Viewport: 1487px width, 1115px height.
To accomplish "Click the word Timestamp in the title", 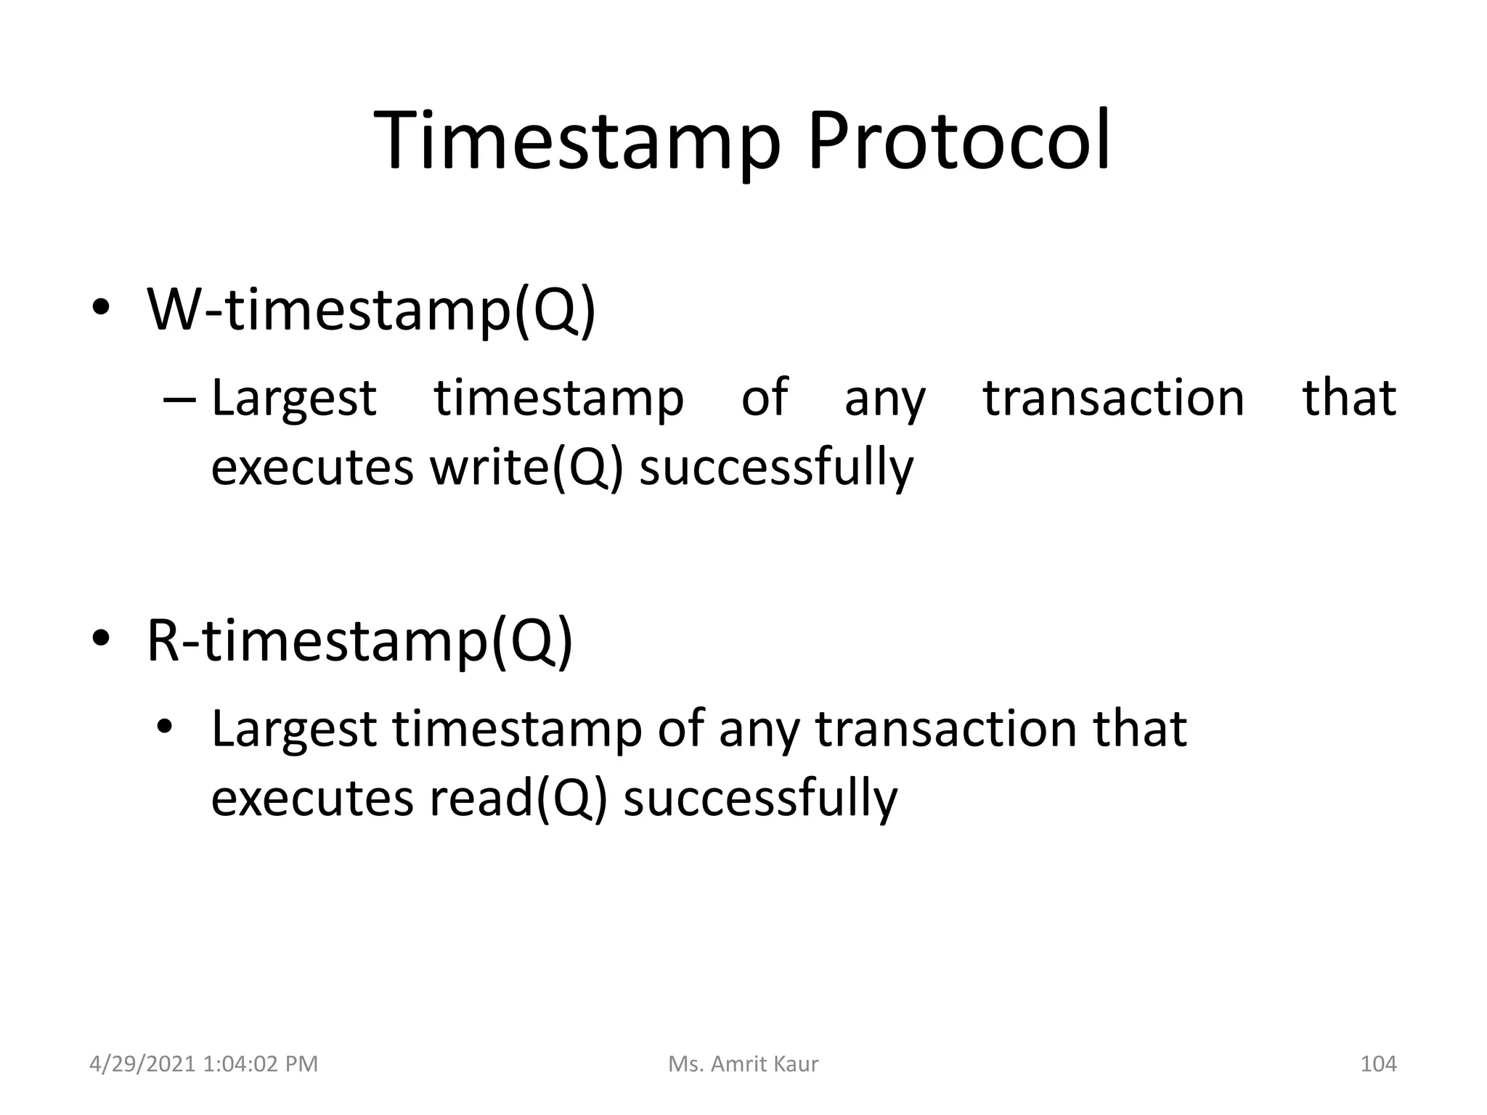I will click(x=577, y=142).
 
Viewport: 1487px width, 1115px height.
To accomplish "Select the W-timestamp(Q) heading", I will click(x=371, y=310).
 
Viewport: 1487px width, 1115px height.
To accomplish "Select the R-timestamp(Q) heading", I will click(x=359, y=641).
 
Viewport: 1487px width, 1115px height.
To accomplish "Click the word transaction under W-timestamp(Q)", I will click(x=1113, y=399).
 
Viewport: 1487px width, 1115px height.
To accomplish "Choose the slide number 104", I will click(x=1377, y=1064).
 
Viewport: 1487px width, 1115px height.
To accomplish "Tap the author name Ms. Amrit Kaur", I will click(x=743, y=1064).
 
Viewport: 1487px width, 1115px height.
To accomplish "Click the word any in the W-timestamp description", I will click(x=884, y=400).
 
